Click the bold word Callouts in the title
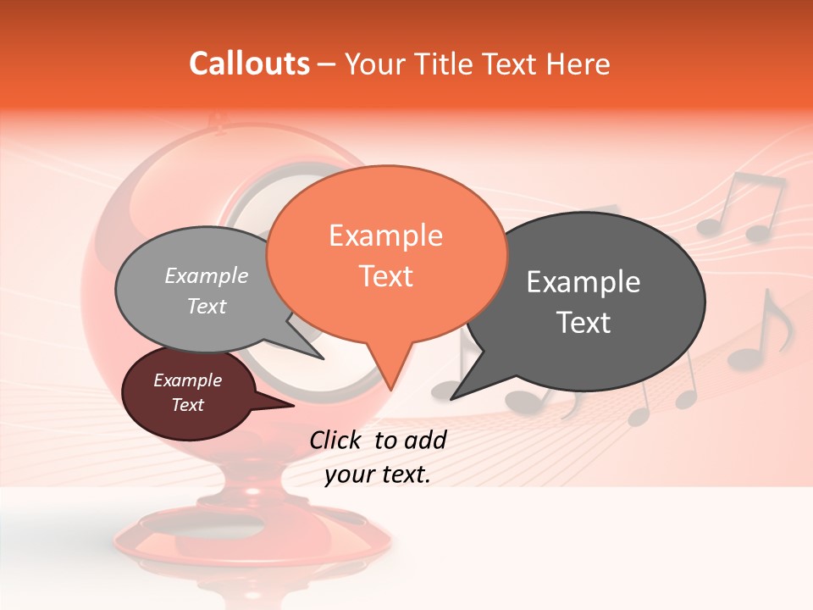click(249, 64)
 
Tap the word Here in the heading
click(578, 64)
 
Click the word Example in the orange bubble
click(385, 236)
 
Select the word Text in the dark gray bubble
click(583, 322)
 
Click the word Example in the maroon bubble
click(187, 380)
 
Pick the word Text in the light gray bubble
click(207, 306)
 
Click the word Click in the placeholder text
click(336, 439)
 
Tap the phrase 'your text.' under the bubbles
click(377, 474)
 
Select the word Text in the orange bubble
click(385, 276)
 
